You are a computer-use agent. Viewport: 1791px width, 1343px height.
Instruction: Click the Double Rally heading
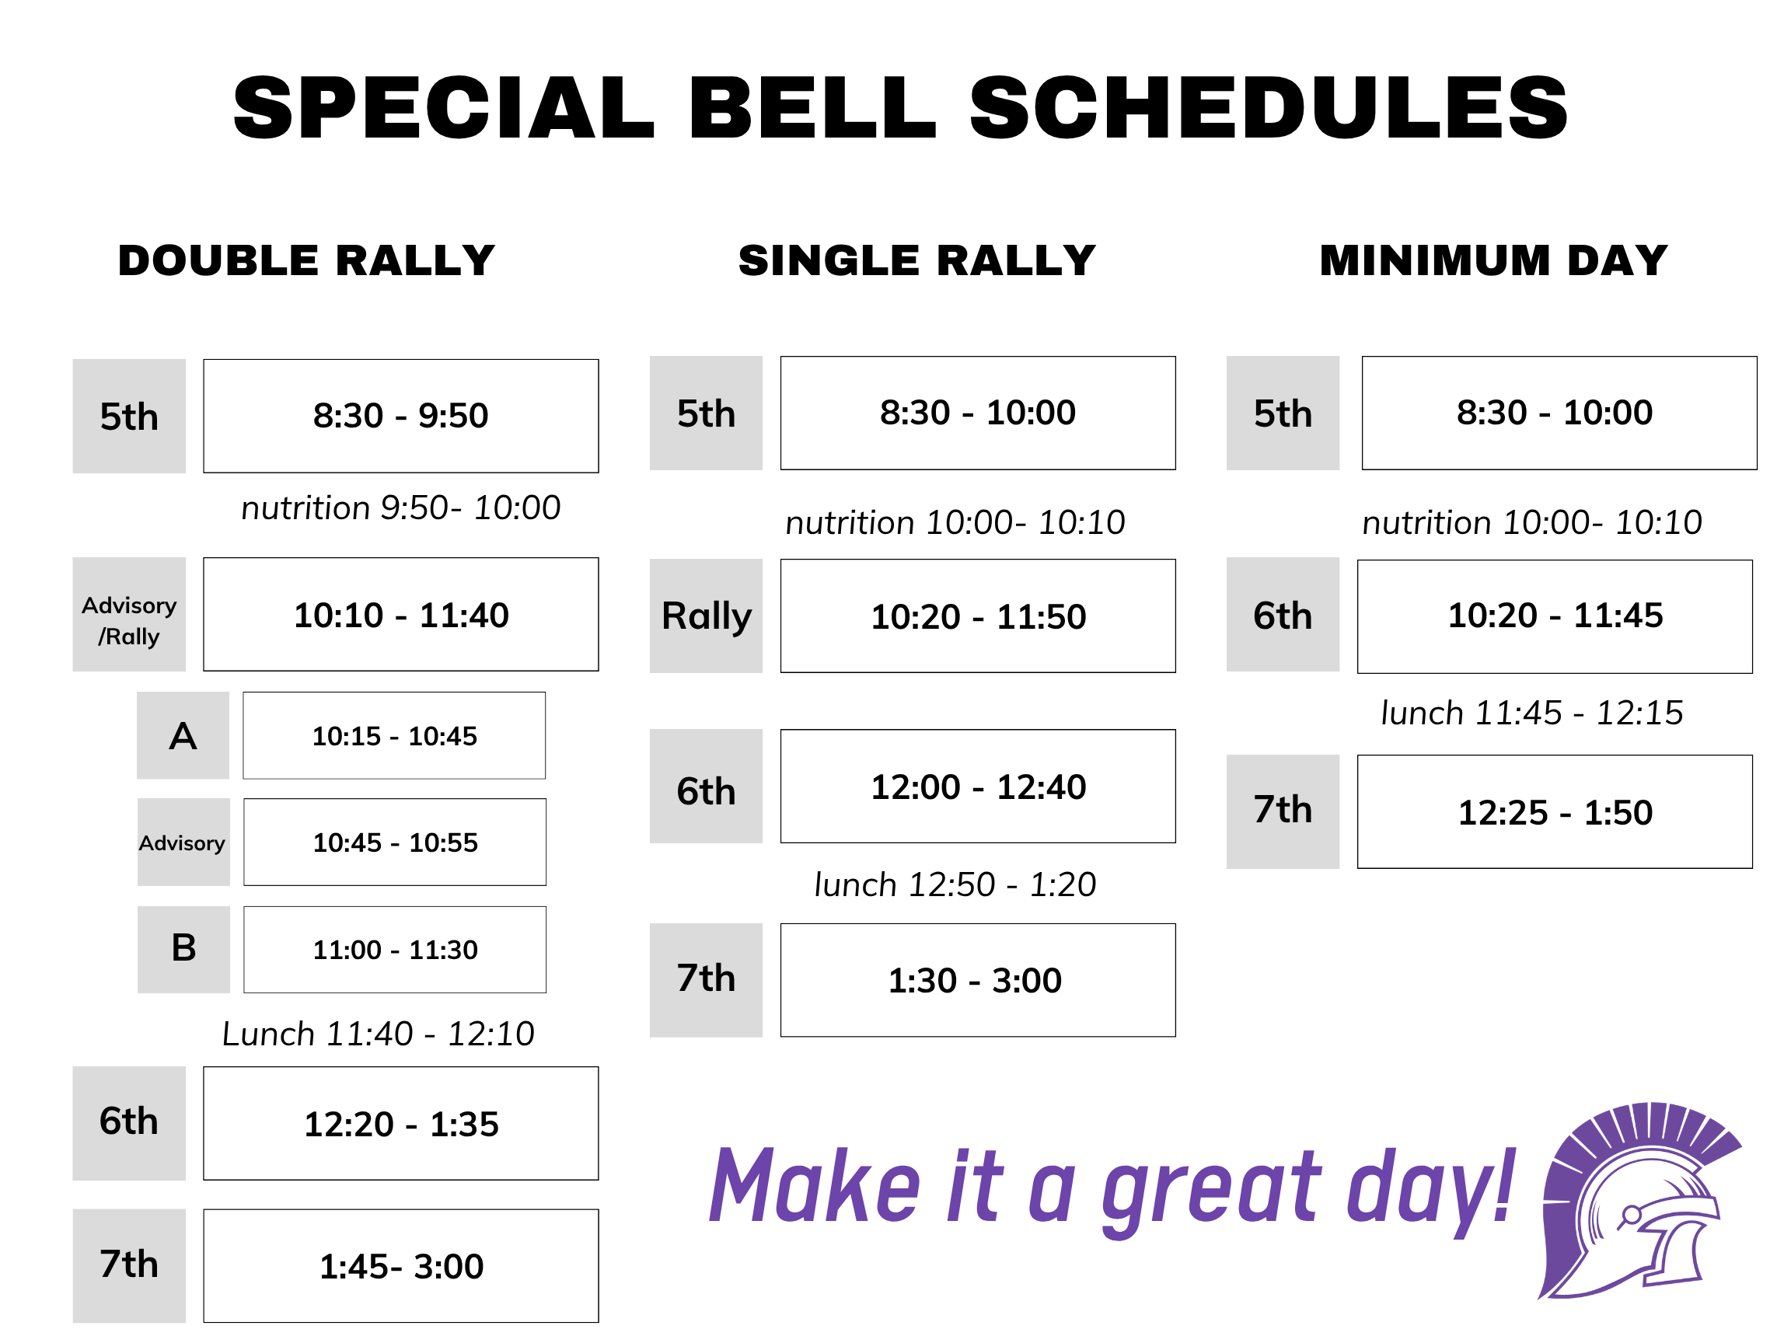pyautogui.click(x=306, y=260)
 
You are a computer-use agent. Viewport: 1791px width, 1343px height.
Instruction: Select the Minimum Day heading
pyautogui.click(x=1494, y=260)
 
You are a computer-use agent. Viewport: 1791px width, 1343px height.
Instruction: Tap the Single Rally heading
pyautogui.click(x=916, y=260)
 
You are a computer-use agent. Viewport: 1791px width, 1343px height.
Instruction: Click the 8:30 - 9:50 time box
pyautogui.click(x=401, y=416)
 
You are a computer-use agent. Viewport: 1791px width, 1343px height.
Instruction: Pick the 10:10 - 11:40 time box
pyautogui.click(x=401, y=615)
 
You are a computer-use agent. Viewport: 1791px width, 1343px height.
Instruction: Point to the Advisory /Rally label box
pyautogui.click(x=130, y=615)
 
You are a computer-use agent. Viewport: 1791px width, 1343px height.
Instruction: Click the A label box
pyautogui.click(x=183, y=736)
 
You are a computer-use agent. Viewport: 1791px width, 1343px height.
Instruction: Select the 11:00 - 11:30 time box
pyautogui.click(x=395, y=950)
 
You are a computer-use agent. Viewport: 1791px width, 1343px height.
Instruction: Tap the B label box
pyautogui.click(x=183, y=950)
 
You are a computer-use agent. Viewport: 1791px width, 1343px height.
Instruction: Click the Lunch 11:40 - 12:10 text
pyautogui.click(x=378, y=1034)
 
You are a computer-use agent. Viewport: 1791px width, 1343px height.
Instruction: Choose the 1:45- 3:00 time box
pyautogui.click(x=401, y=1266)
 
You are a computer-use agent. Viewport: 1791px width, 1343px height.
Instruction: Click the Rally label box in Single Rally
pyautogui.click(x=706, y=616)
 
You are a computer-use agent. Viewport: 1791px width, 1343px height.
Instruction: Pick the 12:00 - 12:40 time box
pyautogui.click(x=978, y=787)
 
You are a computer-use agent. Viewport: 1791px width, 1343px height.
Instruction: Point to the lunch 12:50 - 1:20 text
pyautogui.click(x=955, y=884)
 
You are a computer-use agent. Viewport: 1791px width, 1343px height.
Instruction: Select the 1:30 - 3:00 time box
pyautogui.click(x=978, y=980)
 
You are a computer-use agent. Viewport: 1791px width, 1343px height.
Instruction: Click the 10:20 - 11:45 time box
pyautogui.click(x=1555, y=617)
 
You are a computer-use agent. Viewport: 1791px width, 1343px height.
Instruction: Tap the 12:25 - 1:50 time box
pyautogui.click(x=1555, y=812)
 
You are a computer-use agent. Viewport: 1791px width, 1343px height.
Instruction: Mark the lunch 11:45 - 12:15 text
pyautogui.click(x=1532, y=713)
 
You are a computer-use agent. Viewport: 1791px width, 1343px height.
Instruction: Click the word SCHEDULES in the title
pyautogui.click(x=1269, y=108)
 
